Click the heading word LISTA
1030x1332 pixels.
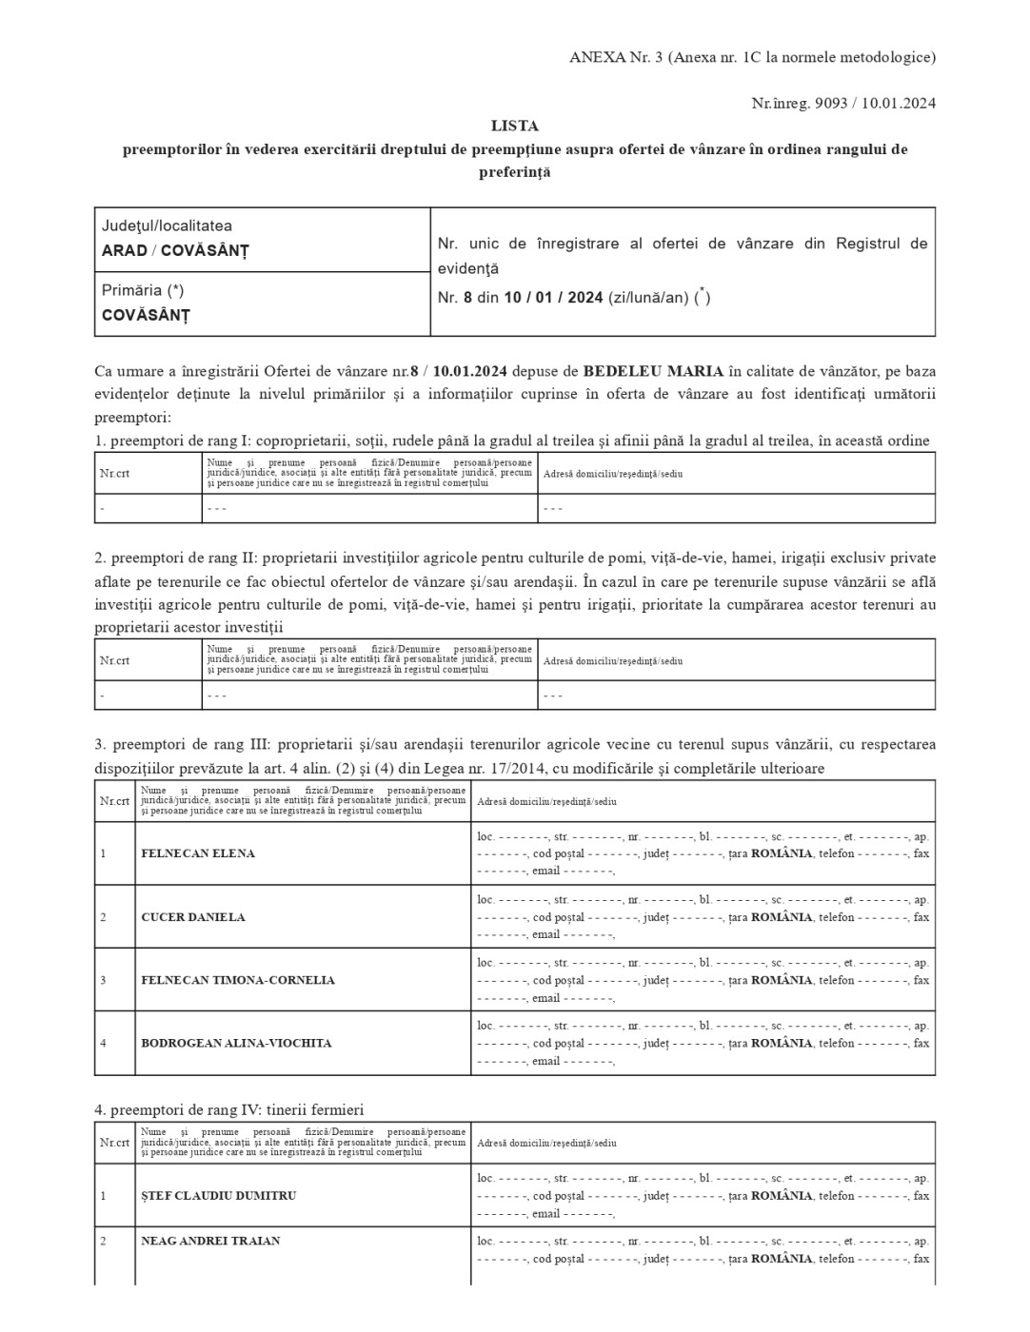click(x=514, y=126)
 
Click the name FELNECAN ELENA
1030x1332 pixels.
click(x=198, y=853)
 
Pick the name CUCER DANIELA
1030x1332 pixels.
click(x=193, y=917)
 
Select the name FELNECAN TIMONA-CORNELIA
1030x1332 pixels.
click(x=238, y=980)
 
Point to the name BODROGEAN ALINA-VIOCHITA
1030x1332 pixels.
click(x=236, y=1043)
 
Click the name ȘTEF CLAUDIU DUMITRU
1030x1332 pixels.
click(x=218, y=1195)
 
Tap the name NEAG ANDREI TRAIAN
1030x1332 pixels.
click(x=210, y=1241)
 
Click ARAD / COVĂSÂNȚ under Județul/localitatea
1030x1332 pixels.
click(x=175, y=251)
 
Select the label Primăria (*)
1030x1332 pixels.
click(x=143, y=290)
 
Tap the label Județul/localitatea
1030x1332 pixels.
click(x=167, y=226)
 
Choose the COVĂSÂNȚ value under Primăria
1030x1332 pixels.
click(x=146, y=315)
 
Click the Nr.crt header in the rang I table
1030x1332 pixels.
click(x=114, y=473)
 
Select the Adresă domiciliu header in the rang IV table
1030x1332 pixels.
click(x=546, y=1143)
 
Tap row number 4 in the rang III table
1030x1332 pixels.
click(x=103, y=1043)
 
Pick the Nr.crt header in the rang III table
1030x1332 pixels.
click(x=114, y=800)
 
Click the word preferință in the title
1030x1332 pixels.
click(x=514, y=172)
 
